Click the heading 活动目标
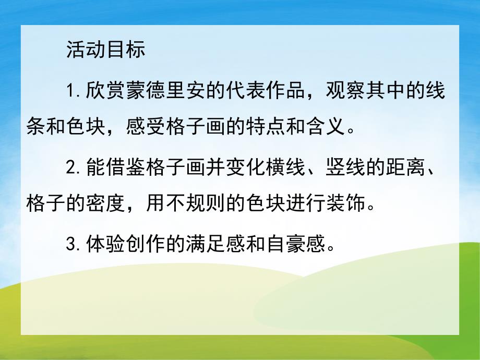click(x=105, y=51)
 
